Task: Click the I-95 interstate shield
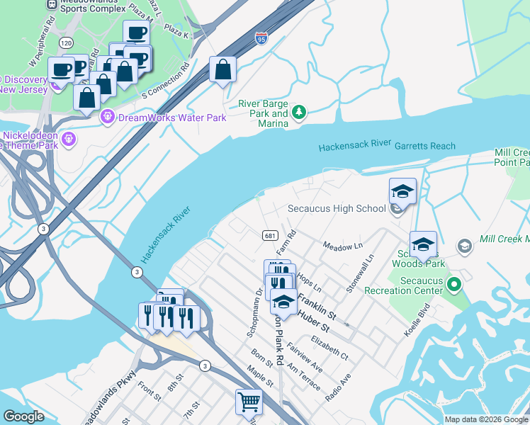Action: coord(261,37)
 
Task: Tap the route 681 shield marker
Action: coord(269,235)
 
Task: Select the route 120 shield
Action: coord(66,43)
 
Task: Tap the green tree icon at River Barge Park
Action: coord(299,112)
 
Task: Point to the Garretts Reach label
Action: coord(426,146)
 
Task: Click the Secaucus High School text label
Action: coord(337,208)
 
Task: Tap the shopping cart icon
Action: coord(249,402)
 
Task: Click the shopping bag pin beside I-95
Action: coord(222,70)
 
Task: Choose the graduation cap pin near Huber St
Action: coord(283,302)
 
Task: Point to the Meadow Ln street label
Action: coord(342,246)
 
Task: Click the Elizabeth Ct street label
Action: coord(329,350)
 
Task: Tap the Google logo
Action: coord(23,416)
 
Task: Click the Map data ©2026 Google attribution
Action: coord(486,419)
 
